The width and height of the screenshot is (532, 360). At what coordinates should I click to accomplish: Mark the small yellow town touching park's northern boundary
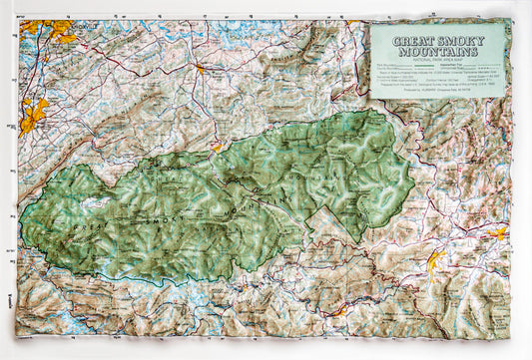(217, 147)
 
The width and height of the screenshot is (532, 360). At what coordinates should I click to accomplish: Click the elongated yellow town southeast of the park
(435, 262)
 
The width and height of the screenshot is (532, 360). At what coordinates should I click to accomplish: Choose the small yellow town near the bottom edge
(339, 312)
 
